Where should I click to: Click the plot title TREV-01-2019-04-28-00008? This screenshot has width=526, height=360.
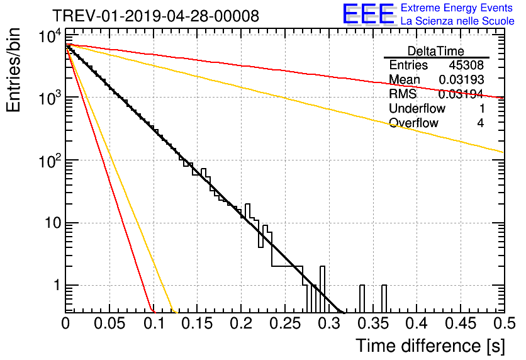tap(156, 16)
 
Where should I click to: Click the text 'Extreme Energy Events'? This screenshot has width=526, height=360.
tap(457, 8)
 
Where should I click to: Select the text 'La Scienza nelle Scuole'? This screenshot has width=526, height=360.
tap(457, 21)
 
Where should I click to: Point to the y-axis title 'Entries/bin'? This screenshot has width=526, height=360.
tap(13, 70)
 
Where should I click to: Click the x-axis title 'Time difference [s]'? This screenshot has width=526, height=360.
tap(430, 346)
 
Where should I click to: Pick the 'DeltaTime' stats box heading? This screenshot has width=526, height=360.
tap(436, 51)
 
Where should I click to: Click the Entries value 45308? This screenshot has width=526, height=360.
tap(466, 65)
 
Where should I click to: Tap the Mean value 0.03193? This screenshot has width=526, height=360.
tap(461, 79)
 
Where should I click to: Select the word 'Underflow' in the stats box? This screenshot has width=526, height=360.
tap(417, 108)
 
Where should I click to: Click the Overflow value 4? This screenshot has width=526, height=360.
tap(480, 123)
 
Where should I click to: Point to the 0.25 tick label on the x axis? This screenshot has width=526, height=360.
tap(286, 323)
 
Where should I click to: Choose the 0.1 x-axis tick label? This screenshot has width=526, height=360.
tap(154, 323)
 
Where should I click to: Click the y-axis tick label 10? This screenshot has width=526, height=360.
tap(53, 223)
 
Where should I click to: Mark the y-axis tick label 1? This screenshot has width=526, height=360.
tap(57, 285)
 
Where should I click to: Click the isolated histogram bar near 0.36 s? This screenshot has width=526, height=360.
tap(384, 298)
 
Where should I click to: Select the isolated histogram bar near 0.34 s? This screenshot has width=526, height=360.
tap(362, 298)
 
